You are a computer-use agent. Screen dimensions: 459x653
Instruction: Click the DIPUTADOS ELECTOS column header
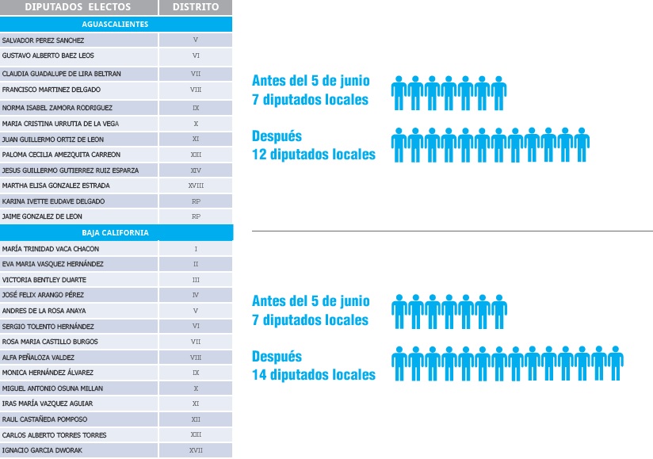(77, 7)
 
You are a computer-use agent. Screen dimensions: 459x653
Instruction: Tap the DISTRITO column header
(196, 7)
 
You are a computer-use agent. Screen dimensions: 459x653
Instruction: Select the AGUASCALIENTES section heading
(116, 24)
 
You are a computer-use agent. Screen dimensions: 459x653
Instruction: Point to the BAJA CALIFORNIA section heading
(116, 233)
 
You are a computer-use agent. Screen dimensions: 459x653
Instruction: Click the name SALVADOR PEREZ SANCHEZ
(44, 40)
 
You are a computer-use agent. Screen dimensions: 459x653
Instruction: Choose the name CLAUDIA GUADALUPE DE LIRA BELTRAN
(62, 74)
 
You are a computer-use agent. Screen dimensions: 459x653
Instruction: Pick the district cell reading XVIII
(196, 186)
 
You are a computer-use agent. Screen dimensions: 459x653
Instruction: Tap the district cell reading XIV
(196, 170)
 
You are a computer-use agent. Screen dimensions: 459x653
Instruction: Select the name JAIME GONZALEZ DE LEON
(42, 216)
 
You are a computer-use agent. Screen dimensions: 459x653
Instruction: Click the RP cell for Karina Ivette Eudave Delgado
(196, 201)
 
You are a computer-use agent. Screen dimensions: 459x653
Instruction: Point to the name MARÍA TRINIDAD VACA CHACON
(51, 249)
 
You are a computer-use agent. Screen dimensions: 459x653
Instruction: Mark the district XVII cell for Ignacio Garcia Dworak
(196, 451)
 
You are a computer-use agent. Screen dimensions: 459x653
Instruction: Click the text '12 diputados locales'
(314, 155)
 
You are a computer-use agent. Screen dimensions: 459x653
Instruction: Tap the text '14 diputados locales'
(314, 375)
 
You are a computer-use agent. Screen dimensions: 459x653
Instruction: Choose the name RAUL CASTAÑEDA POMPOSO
(45, 419)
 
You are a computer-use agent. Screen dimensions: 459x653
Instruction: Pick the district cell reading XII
(196, 419)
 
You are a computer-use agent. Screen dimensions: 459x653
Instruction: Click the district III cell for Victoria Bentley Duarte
(196, 280)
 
